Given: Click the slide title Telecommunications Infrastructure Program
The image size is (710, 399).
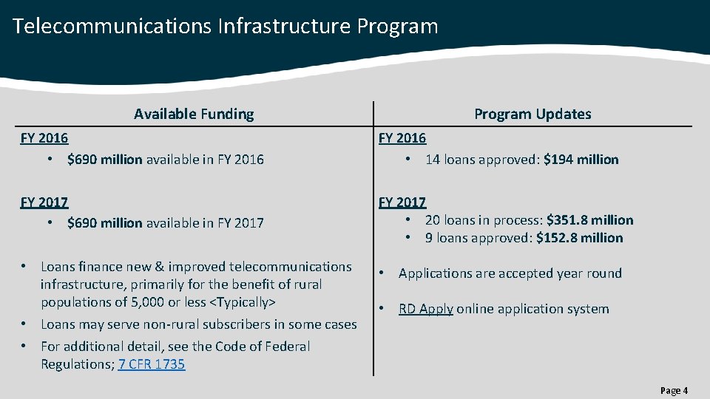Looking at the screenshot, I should pyautogui.click(x=225, y=27).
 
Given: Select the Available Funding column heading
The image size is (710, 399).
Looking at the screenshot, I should pyautogui.click(x=194, y=114).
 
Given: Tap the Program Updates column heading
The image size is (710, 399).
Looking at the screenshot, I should pyautogui.click(x=532, y=114).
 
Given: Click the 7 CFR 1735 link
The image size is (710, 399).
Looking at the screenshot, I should pyautogui.click(x=152, y=364).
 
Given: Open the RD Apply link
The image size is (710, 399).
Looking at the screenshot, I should pyautogui.click(x=425, y=309).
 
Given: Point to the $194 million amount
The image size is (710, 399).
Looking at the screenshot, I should pyautogui.click(x=581, y=160).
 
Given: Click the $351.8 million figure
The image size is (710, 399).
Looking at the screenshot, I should pyautogui.click(x=589, y=220).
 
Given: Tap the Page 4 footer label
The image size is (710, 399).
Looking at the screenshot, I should pyautogui.click(x=674, y=390).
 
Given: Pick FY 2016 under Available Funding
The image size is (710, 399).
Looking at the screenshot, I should pyautogui.click(x=44, y=138).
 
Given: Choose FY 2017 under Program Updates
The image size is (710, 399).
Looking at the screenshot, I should pyautogui.click(x=402, y=202).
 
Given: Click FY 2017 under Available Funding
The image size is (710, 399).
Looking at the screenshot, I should pyautogui.click(x=44, y=202).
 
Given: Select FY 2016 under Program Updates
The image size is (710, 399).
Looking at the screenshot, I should pyautogui.click(x=402, y=138).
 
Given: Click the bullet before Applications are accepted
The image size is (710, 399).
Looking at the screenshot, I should pyautogui.click(x=382, y=273).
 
